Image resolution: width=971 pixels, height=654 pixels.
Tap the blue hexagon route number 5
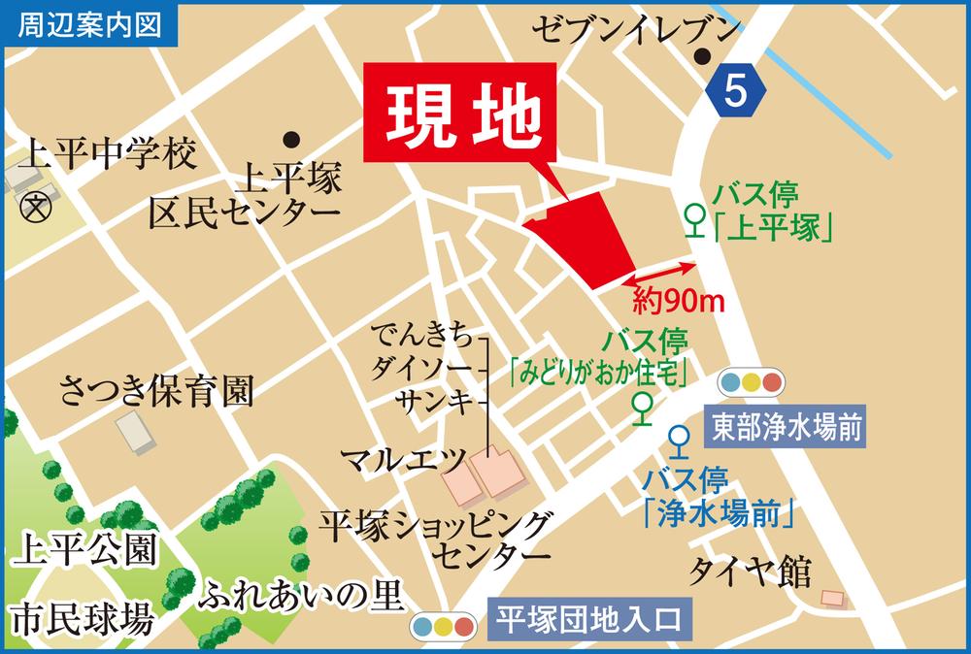(737, 91)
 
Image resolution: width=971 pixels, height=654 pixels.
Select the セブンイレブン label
(635, 30)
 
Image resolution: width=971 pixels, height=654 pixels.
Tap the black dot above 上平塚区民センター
(289, 138)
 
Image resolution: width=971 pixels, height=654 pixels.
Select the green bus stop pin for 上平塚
(694, 219)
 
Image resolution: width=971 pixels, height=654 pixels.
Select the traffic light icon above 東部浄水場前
(752, 381)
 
